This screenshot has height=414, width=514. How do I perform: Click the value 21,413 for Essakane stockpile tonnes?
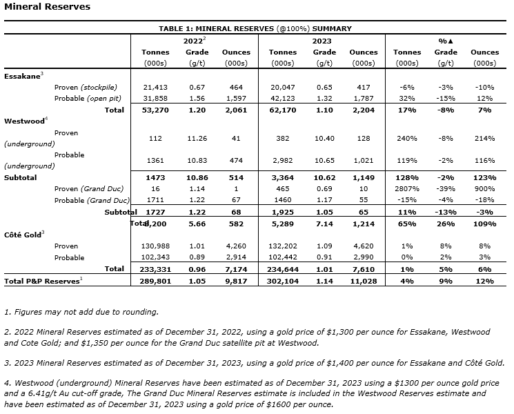(155, 88)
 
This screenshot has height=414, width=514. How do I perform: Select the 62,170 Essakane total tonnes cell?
(282, 110)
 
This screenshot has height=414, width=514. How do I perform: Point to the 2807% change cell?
(406, 188)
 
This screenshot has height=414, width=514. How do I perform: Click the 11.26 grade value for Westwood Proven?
(197, 138)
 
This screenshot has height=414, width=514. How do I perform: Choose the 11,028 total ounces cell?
(363, 280)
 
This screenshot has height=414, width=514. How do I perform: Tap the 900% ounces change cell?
(484, 188)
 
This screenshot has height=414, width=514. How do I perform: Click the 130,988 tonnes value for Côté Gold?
(155, 246)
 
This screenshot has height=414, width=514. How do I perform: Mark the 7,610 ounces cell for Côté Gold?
(363, 269)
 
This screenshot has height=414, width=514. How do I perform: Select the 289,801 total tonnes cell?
(155, 280)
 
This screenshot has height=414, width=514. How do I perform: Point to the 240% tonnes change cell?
(406, 138)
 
